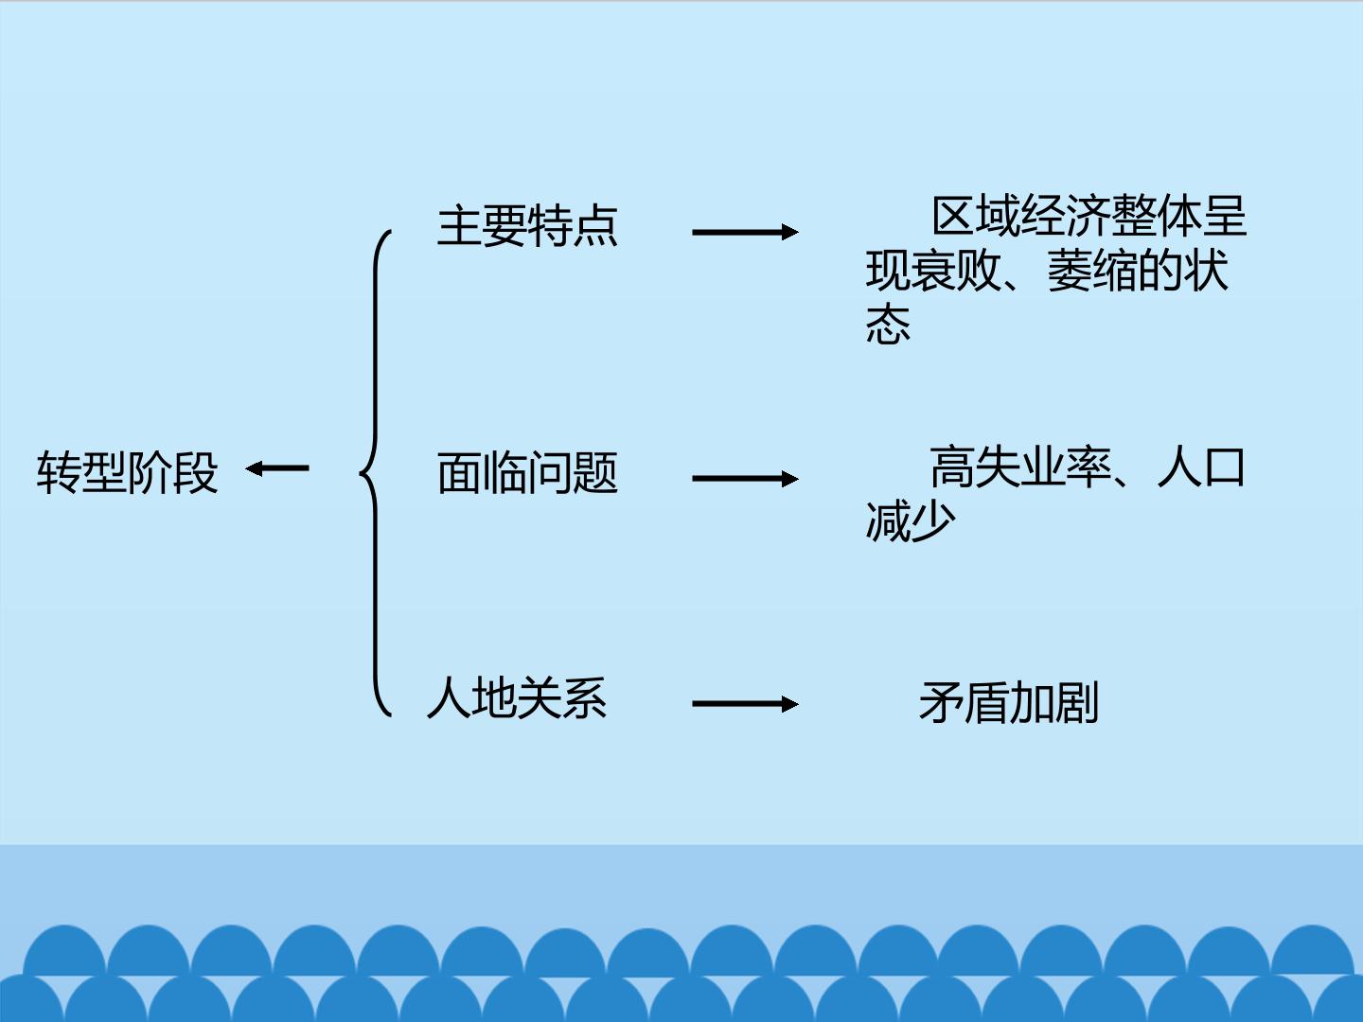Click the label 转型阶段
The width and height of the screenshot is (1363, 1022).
pyautogui.click(x=127, y=472)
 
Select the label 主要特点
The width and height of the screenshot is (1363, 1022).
pyautogui.click(x=527, y=226)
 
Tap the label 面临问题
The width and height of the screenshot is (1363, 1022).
pyautogui.click(x=527, y=473)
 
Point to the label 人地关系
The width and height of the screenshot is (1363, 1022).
pyautogui.click(x=517, y=697)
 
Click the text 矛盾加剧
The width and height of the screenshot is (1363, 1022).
pyautogui.click(x=1008, y=702)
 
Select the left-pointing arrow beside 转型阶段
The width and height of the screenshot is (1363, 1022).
pyautogui.click(x=277, y=468)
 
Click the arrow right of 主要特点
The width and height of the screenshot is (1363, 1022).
pyautogui.click(x=745, y=232)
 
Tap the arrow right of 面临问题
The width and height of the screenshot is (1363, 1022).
pyautogui.click(x=745, y=479)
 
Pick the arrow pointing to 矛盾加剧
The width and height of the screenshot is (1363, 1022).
pyautogui.click(x=745, y=704)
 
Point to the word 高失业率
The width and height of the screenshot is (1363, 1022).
pyautogui.click(x=1020, y=467)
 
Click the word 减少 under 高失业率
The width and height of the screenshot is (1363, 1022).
pyautogui.click(x=911, y=520)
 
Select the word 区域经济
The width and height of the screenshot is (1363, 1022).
pyautogui.click(x=1021, y=216)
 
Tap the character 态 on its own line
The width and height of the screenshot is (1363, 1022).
pyautogui.click(x=888, y=324)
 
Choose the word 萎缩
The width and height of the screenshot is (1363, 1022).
pyautogui.click(x=1092, y=271)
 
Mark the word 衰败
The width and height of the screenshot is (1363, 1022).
pyautogui.click(x=956, y=271)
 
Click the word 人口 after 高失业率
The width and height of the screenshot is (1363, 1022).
pyautogui.click(x=1201, y=467)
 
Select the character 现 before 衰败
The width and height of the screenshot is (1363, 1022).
pyautogui.click(x=888, y=271)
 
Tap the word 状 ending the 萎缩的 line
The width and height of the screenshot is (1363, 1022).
pyautogui.click(x=1206, y=271)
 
